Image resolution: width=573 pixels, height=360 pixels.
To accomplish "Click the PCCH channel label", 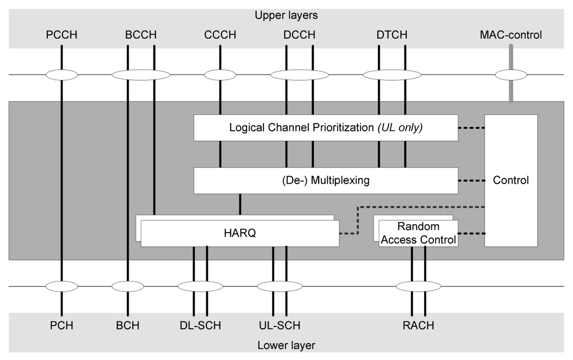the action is point(62,35).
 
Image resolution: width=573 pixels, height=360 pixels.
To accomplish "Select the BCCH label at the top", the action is point(141,35).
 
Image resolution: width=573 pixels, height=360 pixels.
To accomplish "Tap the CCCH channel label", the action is point(220,35).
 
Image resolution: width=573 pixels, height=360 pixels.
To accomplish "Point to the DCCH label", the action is point(299,35).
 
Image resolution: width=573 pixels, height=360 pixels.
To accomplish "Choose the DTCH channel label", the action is point(392,35).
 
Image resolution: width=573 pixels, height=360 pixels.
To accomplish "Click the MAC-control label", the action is point(511,35).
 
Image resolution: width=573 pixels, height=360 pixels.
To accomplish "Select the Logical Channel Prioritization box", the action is point(325,127).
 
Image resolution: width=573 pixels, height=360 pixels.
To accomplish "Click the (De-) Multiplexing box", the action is point(325,181).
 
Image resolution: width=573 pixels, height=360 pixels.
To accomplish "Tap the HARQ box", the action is point(240,233).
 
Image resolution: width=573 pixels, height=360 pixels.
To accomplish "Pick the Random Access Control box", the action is point(418,233).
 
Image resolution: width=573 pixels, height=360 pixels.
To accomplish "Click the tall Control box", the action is point(511,181).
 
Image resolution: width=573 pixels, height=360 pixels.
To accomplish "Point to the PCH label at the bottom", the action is point(62,325).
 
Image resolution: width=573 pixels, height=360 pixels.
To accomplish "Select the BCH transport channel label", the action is point(127,325).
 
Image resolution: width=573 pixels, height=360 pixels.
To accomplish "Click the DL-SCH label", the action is point(200,325).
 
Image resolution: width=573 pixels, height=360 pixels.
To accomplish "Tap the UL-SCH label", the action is point(280,325).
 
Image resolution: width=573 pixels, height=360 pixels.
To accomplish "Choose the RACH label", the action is point(418,325).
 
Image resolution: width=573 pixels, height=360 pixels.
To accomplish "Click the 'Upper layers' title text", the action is point(286,15).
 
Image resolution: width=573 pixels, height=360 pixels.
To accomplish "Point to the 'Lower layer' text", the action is point(286,346).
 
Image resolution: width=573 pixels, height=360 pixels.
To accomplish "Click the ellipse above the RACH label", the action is point(418,286).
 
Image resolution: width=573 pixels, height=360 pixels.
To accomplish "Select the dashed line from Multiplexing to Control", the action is point(472,181).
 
